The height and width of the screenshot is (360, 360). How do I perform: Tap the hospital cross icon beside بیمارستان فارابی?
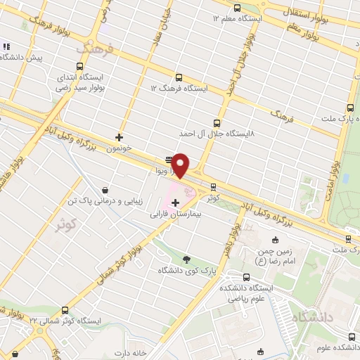[175, 204]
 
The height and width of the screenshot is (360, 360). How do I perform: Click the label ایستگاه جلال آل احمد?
[217, 133]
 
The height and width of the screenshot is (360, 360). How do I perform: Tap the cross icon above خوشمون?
[119, 137]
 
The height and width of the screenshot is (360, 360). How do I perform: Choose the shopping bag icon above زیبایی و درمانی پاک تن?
[105, 190]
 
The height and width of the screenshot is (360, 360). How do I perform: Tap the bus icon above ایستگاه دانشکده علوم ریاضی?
[246, 277]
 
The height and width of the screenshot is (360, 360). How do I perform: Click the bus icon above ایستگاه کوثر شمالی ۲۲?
[65, 309]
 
